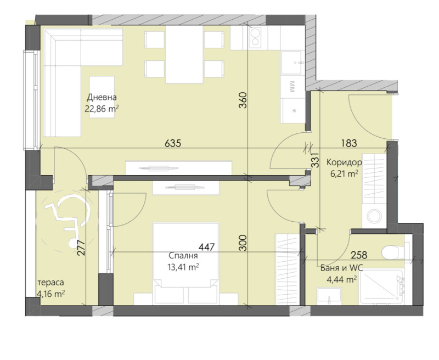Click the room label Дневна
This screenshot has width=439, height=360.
coord(102,97)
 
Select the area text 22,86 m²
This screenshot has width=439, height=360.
coord(102,109)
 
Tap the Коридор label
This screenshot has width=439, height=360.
coord(344,162)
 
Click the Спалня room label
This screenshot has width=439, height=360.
coord(183,256)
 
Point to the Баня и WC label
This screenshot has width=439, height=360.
coord(341,268)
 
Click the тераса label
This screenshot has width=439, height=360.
coord(50,282)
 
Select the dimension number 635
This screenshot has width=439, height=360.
coord(173,143)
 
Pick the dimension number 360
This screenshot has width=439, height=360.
coord(244,102)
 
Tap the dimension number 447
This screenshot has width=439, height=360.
coord(206,247)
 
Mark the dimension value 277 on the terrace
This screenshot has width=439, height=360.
coord(81,249)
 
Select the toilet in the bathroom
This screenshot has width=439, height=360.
coord(393,251)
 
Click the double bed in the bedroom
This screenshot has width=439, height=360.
coord(185,262)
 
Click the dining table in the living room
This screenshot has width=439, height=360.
coord(184,54)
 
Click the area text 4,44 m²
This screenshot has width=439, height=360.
coord(341,278)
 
